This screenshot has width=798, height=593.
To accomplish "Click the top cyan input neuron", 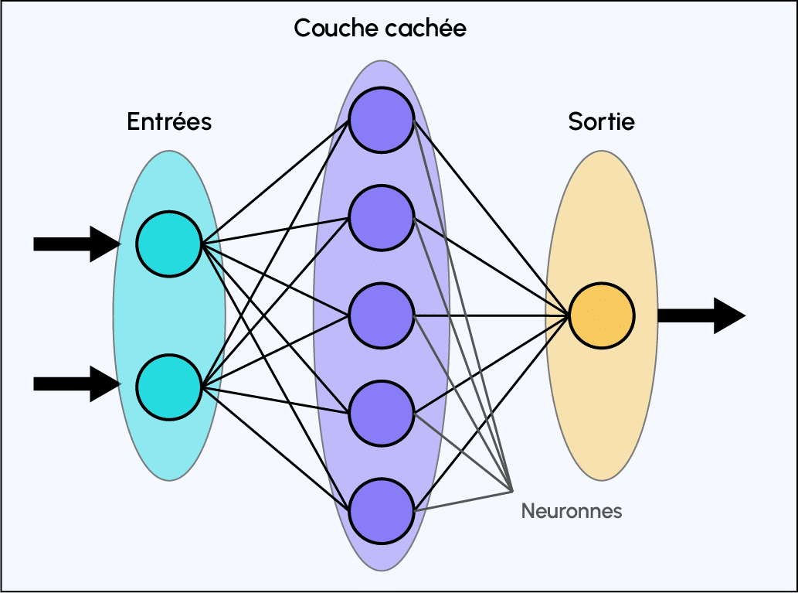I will coord(169,244).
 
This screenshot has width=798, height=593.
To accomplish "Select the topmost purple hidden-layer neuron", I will coord(382,121).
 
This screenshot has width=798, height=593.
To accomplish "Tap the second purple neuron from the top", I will coord(382,218).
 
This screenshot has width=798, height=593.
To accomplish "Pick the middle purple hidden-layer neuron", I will coord(382,315).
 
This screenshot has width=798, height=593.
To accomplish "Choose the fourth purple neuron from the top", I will coord(382,413).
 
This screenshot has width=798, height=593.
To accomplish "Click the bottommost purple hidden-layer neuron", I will coord(382,511).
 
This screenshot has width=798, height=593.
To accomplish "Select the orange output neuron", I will coord(602,315).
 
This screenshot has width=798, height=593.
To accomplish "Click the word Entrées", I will coord(169,121).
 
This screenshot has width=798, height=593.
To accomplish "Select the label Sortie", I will coord(601,121).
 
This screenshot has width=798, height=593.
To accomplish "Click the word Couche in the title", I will coord(331,29).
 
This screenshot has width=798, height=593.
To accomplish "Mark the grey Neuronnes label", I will coord(571,511).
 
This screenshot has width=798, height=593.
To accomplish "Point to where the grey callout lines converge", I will coord(512,490).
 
